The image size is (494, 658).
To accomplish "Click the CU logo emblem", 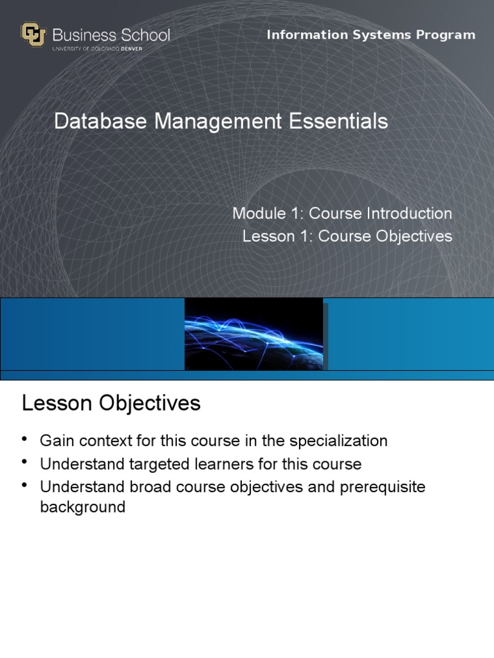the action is (33, 35).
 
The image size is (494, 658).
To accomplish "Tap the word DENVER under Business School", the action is (131, 49).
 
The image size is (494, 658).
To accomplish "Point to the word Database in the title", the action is (100, 121).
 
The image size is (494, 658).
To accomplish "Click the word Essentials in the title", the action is (338, 121).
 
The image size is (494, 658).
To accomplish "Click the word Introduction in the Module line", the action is (410, 213).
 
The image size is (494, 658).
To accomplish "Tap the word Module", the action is (259, 213).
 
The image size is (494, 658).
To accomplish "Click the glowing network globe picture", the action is (253, 334).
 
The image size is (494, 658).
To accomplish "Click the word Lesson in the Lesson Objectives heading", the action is (57, 403).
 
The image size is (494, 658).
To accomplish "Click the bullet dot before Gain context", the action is (24, 439).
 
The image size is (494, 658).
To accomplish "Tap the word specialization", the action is (338, 441).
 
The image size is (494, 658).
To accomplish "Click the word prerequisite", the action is (383, 488).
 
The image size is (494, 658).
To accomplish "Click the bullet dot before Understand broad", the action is (24, 485).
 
